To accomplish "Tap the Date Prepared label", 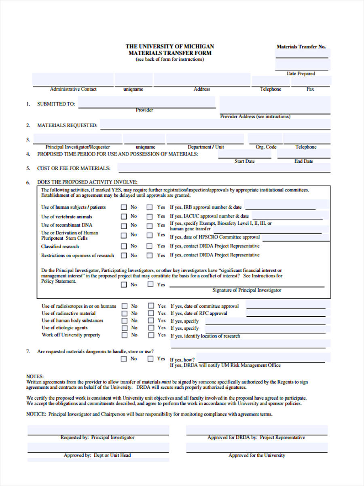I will pyautogui.click(x=301, y=74).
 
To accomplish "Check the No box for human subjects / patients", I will pyautogui.click(x=124, y=207).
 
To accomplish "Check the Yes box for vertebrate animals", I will pyautogui.click(x=150, y=217).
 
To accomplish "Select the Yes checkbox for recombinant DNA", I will pyautogui.click(x=150, y=226).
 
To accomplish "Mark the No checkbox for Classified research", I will pyautogui.click(x=124, y=246).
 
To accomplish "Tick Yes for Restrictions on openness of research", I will pyautogui.click(x=150, y=256).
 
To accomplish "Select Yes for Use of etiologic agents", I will pyautogui.click(x=151, y=328).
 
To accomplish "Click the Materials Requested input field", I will pyautogui.click(x=215, y=124).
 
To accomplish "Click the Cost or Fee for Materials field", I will pyautogui.click(x=224, y=168).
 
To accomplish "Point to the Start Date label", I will pyautogui.click(x=244, y=161).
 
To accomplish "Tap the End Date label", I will pyautogui.click(x=303, y=161).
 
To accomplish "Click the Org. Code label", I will pyautogui.click(x=266, y=147).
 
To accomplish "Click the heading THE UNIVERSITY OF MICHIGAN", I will pyautogui.click(x=169, y=47).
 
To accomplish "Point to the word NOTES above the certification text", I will pyautogui.click(x=35, y=376).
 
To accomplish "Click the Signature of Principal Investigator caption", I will pyautogui.click(x=247, y=290).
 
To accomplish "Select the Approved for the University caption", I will pyautogui.click(x=256, y=455).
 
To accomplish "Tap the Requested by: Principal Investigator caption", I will pyautogui.click(x=97, y=437).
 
